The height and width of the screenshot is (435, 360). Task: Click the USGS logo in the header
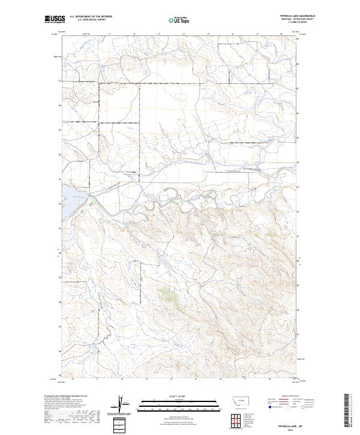point(54,19)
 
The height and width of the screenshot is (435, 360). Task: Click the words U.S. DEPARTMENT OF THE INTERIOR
point(91,16)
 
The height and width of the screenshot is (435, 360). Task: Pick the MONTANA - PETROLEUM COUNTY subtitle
point(298,19)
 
